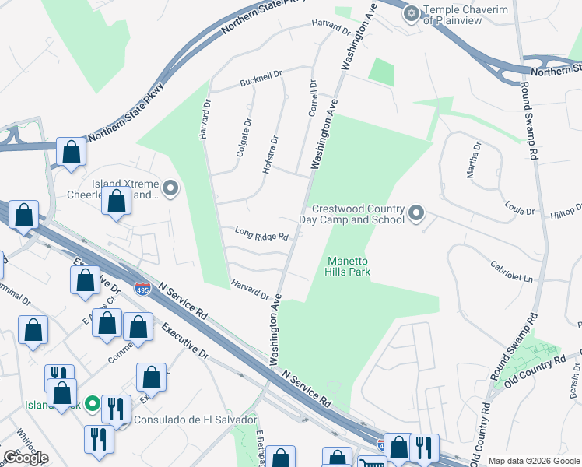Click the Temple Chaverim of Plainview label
(464, 16)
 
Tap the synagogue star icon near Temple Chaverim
(411, 12)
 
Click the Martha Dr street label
(474, 160)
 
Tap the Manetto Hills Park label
(348, 267)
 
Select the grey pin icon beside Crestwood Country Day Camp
(416, 212)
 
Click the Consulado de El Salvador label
(195, 420)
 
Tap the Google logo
(26, 458)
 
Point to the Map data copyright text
(534, 461)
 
